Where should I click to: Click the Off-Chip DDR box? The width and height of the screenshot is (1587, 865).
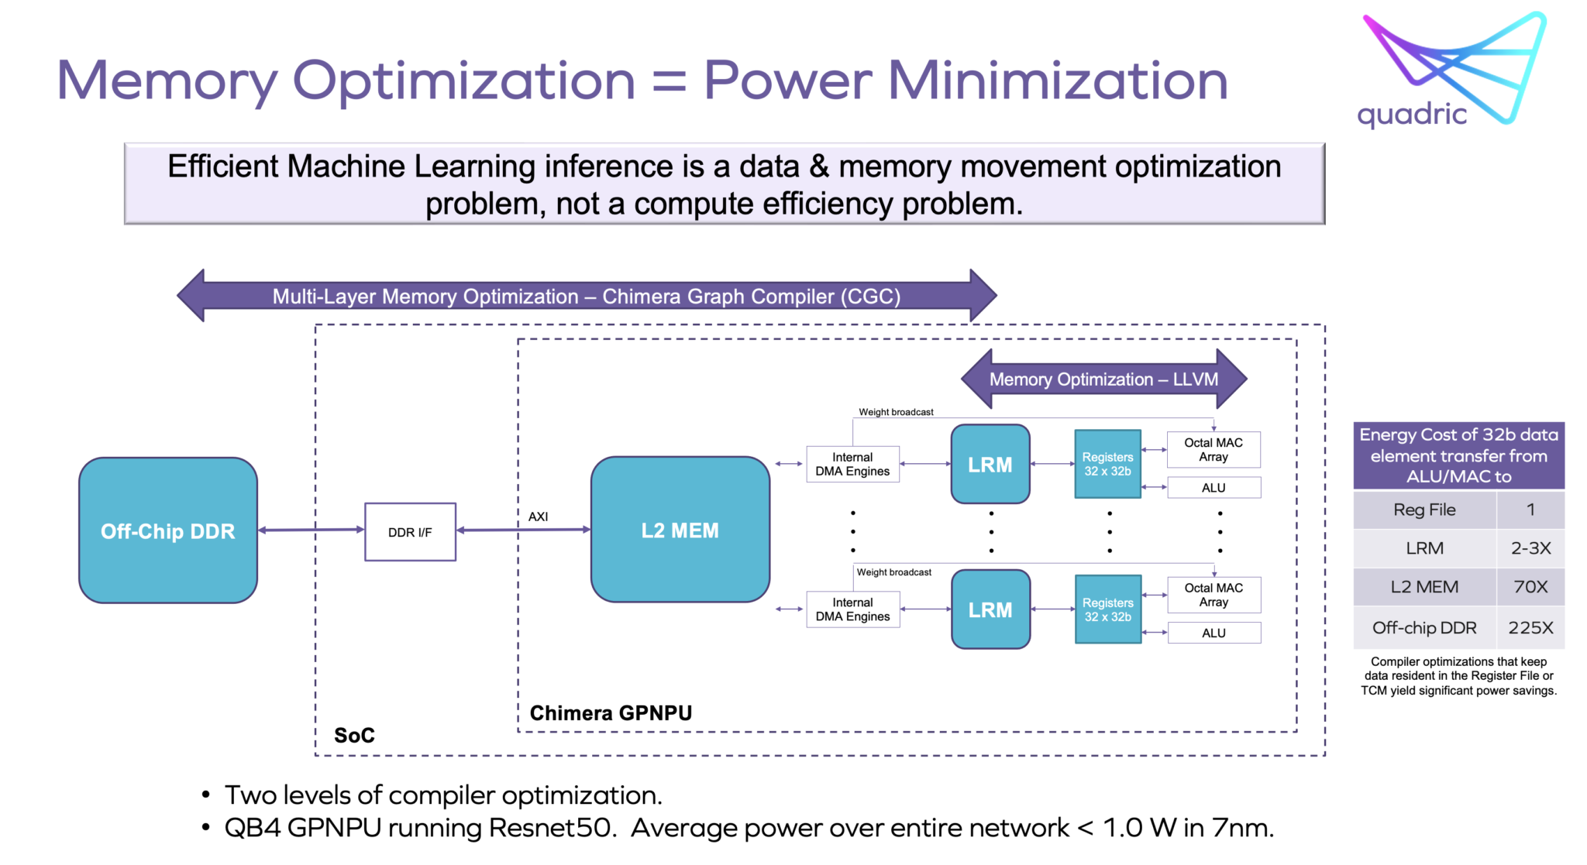pos(167,530)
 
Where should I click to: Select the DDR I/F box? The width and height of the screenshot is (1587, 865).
pos(410,532)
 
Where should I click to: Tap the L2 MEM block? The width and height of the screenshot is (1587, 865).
pos(680,530)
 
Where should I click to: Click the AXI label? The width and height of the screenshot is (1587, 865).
pos(538,517)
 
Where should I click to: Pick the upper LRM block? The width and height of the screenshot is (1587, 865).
pos(990,465)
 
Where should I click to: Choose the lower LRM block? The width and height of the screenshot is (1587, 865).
pos(990,609)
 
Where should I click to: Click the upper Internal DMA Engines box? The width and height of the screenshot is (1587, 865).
pos(852,464)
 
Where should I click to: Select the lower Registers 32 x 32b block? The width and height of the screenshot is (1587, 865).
pos(1107,609)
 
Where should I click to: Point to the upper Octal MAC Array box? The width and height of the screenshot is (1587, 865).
pos(1213,449)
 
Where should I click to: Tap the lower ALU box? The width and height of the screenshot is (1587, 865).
pos(1213,633)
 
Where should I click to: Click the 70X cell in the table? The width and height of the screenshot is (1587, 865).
pos(1530,587)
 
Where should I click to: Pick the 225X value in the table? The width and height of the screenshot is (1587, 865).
pos(1530,627)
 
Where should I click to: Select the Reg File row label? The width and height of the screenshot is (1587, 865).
pos(1424,510)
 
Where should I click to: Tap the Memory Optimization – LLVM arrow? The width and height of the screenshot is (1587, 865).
pos(1103,379)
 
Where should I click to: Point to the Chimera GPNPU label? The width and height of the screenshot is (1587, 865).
pos(611,712)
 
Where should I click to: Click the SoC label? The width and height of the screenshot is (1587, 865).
pos(354,735)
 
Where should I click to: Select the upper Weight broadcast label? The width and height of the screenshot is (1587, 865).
pos(896,412)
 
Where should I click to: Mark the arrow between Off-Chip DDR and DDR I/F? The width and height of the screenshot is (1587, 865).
pos(311,530)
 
